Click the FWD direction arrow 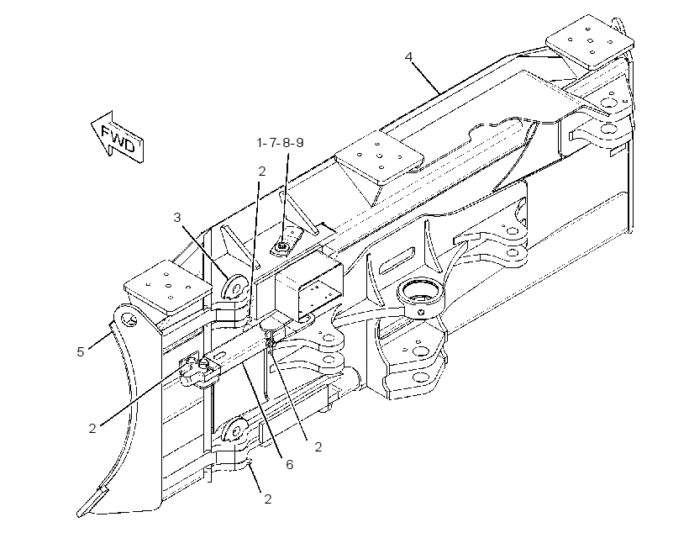pos(118,137)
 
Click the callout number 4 pos(409,57)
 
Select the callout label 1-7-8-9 pos(281,143)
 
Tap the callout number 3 pos(177,217)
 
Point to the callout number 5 pos(81,351)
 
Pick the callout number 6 pos(290,464)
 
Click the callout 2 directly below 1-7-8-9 pos(262,172)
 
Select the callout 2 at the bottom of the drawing pos(267,499)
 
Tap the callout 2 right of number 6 pos(318,446)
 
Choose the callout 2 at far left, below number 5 pos(92,429)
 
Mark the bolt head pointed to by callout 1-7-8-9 pos(281,248)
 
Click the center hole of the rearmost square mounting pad pos(590,41)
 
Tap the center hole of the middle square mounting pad pos(379,156)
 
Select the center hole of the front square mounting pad pos(168,285)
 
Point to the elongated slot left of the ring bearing pos(397,261)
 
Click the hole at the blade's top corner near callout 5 pos(128,319)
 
